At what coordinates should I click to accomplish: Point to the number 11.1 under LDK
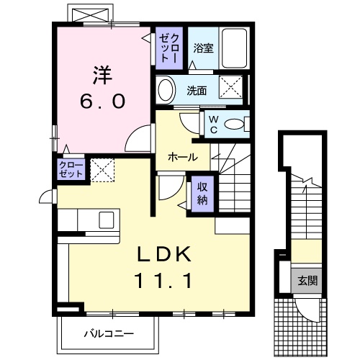point(163,281)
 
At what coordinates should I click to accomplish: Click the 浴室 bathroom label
point(204,49)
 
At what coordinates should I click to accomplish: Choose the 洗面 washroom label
point(197,91)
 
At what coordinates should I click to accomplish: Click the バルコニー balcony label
point(108,334)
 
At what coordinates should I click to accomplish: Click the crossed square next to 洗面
point(232,89)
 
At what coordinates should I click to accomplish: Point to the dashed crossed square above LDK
point(102,170)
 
